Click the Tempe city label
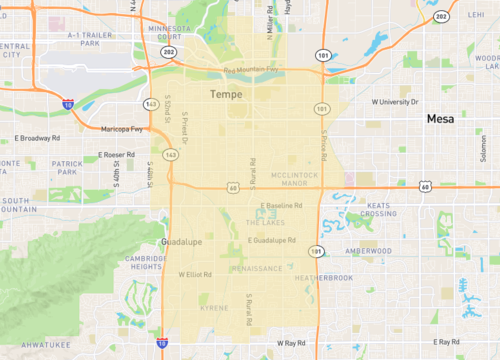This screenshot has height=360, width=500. pyautogui.click(x=227, y=94)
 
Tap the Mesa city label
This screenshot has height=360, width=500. pyautogui.click(x=440, y=119)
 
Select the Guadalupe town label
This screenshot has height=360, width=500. pyautogui.click(x=180, y=242)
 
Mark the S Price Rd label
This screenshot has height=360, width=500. pyautogui.click(x=325, y=141)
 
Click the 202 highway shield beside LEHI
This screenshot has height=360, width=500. pyautogui.click(x=441, y=17)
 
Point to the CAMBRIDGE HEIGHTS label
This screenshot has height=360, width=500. pyautogui.click(x=145, y=262)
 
